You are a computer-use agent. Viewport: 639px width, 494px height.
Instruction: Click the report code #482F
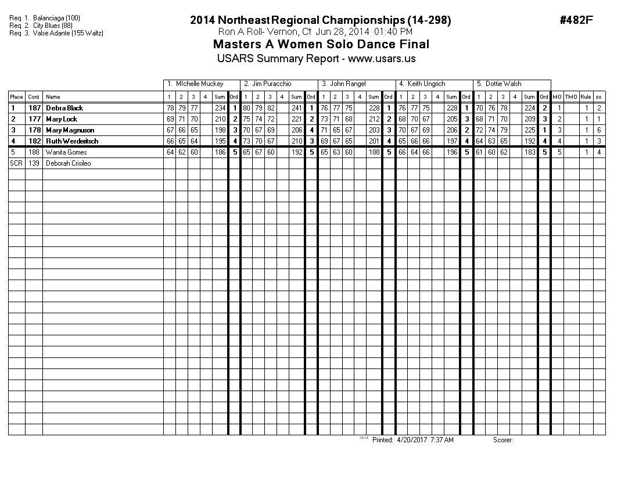576,20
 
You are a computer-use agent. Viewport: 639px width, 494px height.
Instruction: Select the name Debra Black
64,108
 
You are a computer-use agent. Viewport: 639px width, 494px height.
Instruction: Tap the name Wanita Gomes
66,152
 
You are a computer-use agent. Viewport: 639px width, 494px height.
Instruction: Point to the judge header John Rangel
347,84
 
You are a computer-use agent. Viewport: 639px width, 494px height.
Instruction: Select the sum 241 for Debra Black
297,108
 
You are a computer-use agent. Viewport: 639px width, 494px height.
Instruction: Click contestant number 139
34,163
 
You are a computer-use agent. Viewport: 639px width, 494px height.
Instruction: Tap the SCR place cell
16,163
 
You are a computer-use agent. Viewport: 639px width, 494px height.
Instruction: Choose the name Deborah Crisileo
69,163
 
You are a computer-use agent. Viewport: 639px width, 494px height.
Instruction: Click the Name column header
53,97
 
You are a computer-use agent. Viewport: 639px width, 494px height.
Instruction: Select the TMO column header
572,97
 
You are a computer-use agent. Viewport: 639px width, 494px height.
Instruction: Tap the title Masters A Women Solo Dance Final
321,44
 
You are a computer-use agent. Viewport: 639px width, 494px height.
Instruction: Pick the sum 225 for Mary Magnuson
529,130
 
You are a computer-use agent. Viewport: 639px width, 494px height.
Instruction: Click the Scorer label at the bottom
502,440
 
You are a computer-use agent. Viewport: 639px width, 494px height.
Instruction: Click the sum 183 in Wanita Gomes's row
529,152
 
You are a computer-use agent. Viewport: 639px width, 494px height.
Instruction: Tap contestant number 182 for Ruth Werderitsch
34,141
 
